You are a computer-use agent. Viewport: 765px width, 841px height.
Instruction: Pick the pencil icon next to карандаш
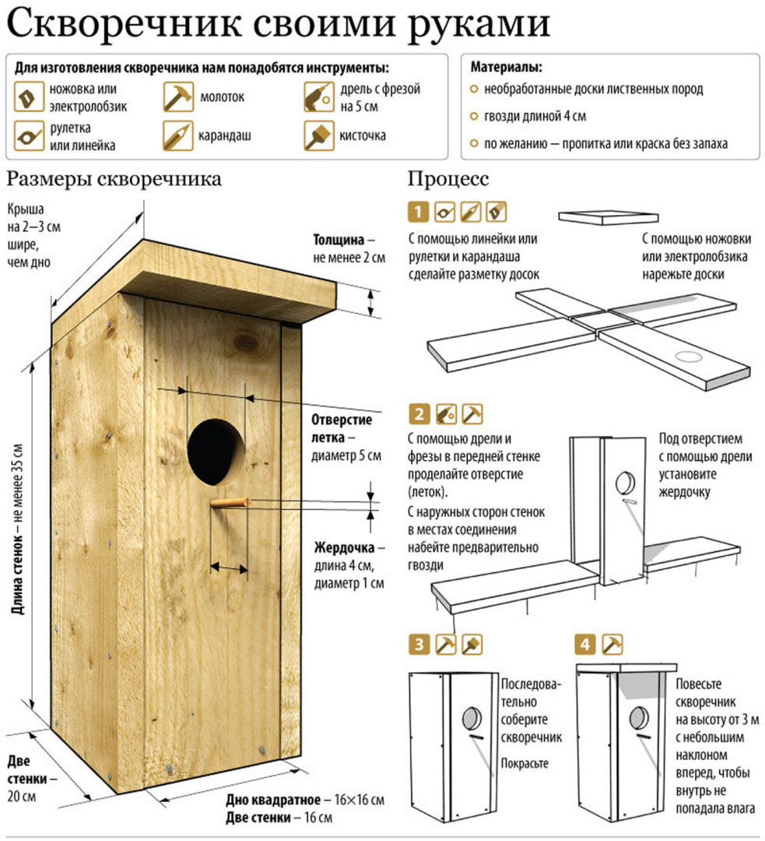coord(177,135)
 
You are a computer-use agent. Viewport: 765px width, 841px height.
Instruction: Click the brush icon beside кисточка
coord(318,135)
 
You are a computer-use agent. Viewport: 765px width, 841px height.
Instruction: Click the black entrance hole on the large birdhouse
coord(216,450)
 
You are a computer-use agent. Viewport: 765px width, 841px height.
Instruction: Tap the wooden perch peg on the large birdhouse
coord(228,505)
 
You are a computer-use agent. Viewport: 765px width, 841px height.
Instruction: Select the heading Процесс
coord(448,179)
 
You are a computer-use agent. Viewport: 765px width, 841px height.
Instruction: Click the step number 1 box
coord(419,211)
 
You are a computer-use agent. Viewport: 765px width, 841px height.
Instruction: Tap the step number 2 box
coord(419,413)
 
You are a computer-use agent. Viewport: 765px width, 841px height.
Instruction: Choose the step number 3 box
coord(419,644)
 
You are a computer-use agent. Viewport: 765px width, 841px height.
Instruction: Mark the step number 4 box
coord(585,644)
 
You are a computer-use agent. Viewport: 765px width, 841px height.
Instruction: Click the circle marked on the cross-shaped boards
coord(686,357)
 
